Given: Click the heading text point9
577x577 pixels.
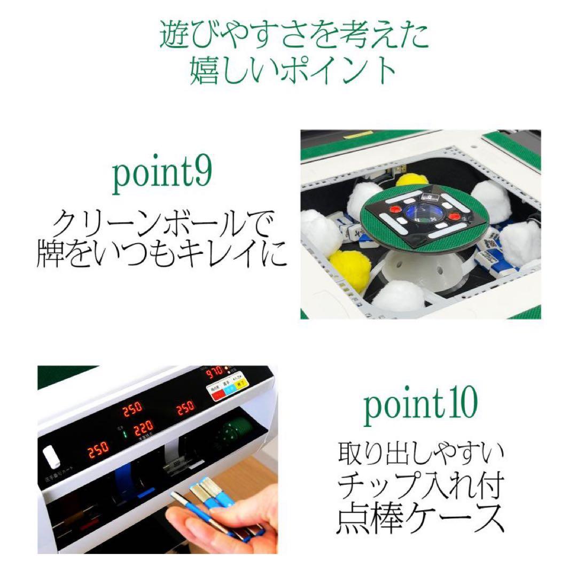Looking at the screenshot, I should coord(162,176).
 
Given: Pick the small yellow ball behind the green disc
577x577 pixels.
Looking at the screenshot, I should coord(411,179).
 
